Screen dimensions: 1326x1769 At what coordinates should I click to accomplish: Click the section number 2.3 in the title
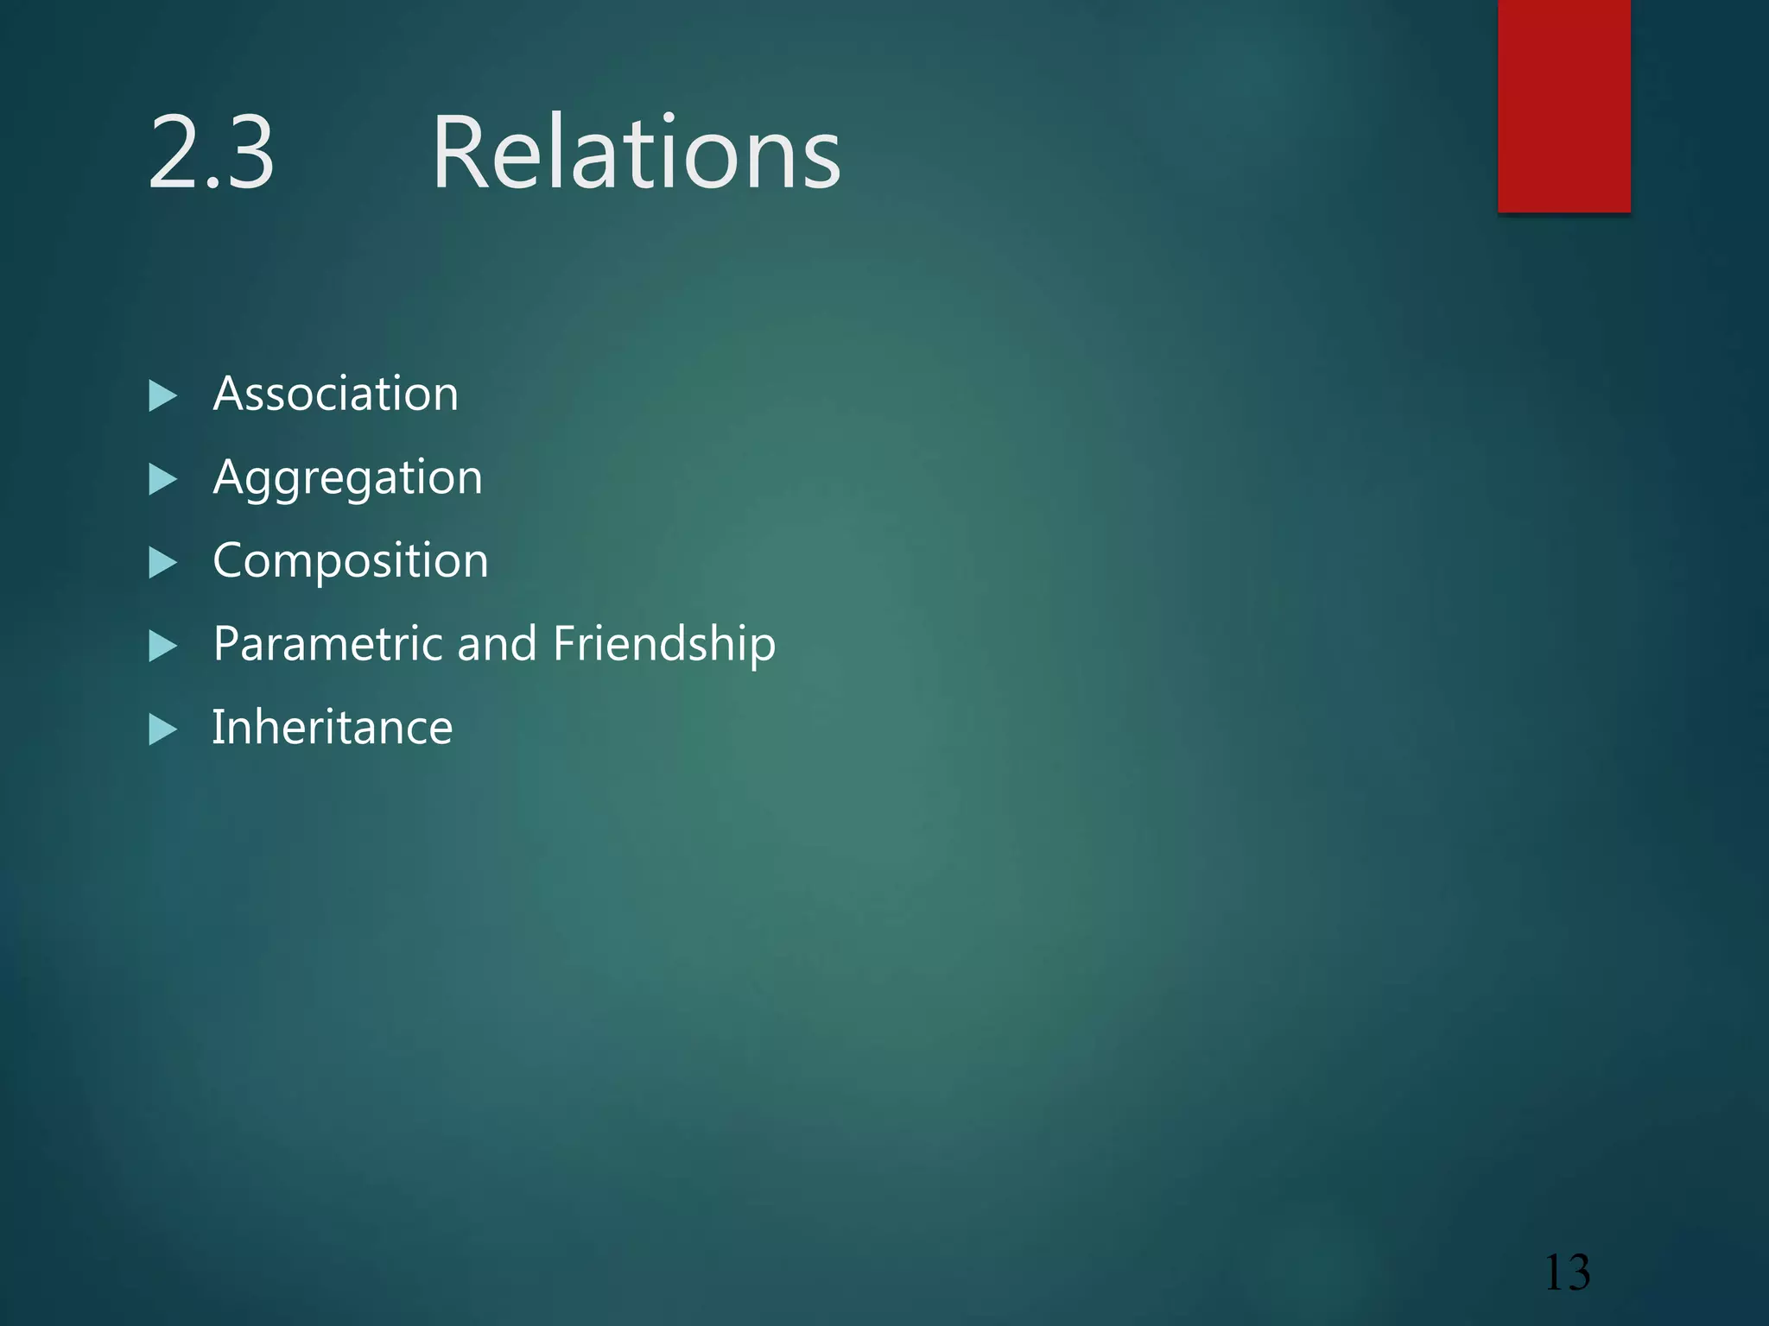[x=212, y=154]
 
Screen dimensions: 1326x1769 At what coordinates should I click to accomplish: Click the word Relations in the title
[x=636, y=154]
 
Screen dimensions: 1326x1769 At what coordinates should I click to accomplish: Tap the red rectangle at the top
[x=1563, y=105]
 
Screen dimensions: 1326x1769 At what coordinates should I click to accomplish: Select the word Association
[x=336, y=395]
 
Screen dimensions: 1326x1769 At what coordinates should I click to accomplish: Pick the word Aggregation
[x=347, y=478]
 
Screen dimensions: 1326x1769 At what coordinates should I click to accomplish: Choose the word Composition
[x=351, y=561]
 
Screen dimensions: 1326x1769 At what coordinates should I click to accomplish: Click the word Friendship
[x=663, y=644]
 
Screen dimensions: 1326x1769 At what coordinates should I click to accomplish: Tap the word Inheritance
[x=333, y=727]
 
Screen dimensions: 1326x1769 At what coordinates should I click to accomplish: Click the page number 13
[x=1566, y=1272]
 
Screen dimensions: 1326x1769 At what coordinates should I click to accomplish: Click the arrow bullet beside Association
[x=162, y=396]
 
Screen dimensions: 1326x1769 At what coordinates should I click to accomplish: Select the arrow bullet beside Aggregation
[x=162, y=479]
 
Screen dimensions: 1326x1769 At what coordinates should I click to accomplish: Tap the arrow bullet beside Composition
[x=162, y=563]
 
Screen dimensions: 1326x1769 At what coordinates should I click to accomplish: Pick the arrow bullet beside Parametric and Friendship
[x=162, y=646]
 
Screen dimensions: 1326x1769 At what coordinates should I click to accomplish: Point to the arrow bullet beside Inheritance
[x=162, y=729]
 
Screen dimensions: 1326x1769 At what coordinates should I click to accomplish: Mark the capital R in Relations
[x=460, y=154]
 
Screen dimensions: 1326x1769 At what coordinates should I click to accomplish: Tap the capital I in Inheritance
[x=219, y=726]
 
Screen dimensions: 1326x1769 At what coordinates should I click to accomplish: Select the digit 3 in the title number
[x=248, y=154]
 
